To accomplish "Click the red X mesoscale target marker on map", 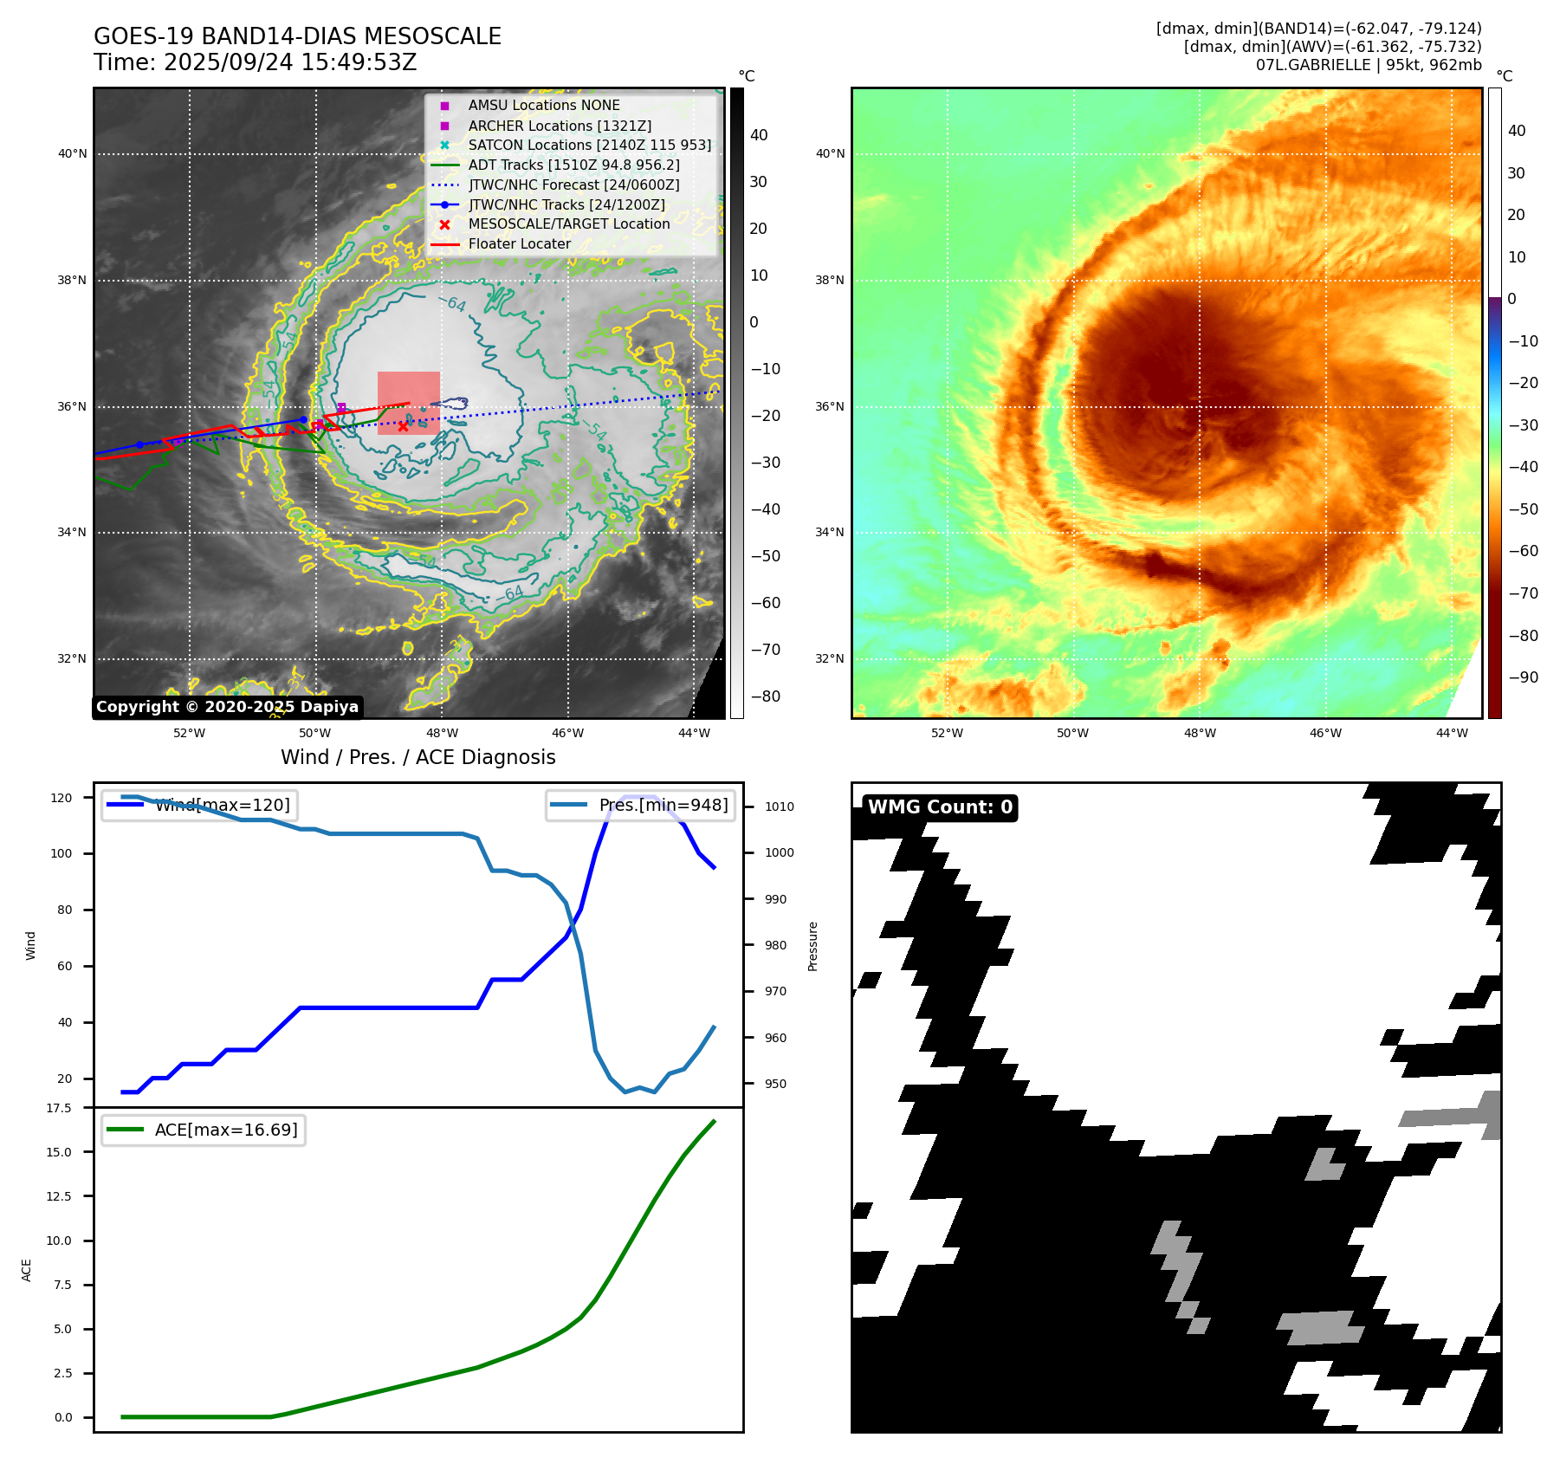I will click(x=403, y=426).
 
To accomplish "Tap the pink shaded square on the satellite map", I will click(x=409, y=402).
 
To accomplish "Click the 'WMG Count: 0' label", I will click(x=940, y=807).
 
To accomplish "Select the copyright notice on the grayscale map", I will click(x=227, y=707).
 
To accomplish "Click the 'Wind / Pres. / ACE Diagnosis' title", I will click(x=418, y=757).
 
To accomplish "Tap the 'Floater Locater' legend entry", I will click(x=519, y=244).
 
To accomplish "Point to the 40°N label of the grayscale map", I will click(x=73, y=154).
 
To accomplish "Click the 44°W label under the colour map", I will click(x=1452, y=733).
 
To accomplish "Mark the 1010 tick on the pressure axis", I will click(x=779, y=806).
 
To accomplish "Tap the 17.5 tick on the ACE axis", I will click(x=59, y=1108).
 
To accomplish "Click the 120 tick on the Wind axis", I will click(x=61, y=798).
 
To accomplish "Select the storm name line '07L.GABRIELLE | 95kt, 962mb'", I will click(x=1369, y=65).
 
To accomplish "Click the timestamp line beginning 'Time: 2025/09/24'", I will click(x=256, y=62).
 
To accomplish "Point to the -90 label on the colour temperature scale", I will click(x=1523, y=677).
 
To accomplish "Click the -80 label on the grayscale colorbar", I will click(x=765, y=696).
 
